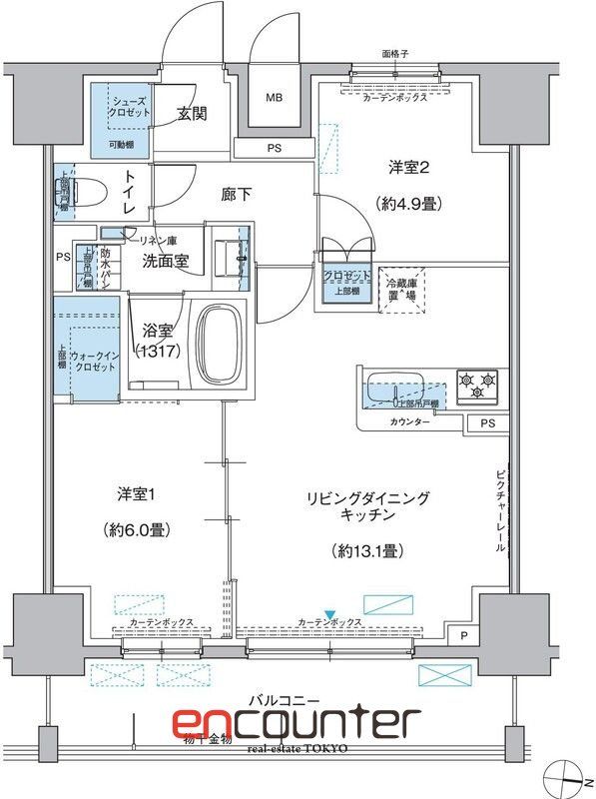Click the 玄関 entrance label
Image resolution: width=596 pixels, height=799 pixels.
[193, 114]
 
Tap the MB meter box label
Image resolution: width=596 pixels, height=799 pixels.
[274, 98]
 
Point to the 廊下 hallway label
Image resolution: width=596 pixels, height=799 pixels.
[236, 195]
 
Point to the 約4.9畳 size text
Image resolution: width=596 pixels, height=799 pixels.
[409, 203]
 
